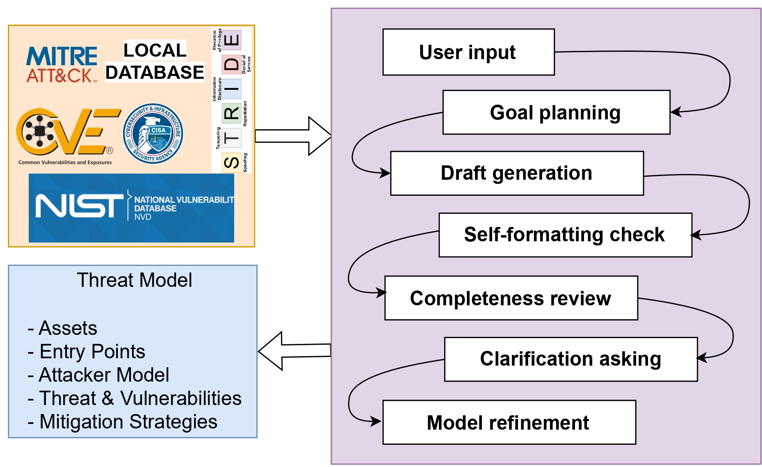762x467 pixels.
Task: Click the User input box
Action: coord(468,52)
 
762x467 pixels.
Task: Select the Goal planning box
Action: coord(556,112)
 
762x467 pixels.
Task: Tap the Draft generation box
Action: coord(517,173)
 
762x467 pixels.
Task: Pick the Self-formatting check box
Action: coord(565,235)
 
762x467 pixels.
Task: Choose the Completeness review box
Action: coord(511,298)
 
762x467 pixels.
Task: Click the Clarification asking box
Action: coord(571,359)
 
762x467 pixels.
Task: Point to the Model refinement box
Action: coord(509,423)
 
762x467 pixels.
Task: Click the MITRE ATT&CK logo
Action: coord(62,65)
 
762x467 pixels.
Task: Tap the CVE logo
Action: coord(66,133)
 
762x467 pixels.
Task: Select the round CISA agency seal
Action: coord(153,133)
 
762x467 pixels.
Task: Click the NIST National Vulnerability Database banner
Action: coord(131,208)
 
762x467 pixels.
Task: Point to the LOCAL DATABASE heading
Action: coord(155,62)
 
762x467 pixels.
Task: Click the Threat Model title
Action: coord(134,280)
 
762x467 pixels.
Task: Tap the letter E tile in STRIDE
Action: coord(232,40)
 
